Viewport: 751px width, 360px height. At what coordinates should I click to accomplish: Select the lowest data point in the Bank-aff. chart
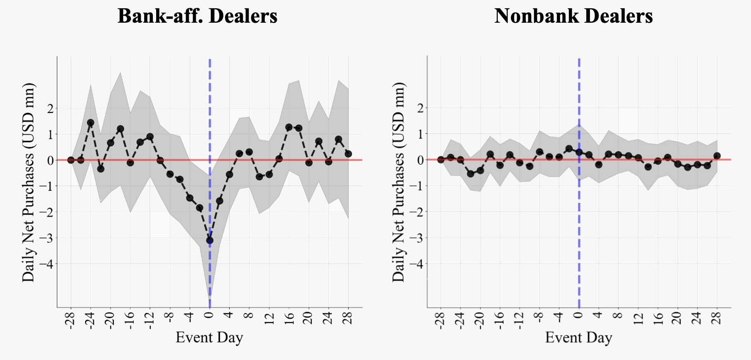(209, 240)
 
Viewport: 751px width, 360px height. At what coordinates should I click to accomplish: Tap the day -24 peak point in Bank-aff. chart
(90, 123)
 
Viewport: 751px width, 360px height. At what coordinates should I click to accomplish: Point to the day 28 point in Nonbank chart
(717, 156)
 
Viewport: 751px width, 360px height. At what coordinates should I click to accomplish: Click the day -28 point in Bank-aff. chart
(71, 160)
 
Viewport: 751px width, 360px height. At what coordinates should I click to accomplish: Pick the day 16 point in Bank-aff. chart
(289, 127)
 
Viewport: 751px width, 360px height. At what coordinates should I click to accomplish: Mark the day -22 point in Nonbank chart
(470, 174)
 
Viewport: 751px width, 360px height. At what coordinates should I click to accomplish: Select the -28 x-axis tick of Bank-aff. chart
(71, 320)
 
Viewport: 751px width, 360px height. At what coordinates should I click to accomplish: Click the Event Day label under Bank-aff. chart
(209, 337)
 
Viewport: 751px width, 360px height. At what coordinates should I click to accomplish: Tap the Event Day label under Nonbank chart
(578, 337)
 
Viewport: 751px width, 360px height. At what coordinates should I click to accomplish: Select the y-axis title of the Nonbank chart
(398, 182)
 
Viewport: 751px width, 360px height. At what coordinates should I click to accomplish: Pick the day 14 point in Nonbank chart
(648, 167)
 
